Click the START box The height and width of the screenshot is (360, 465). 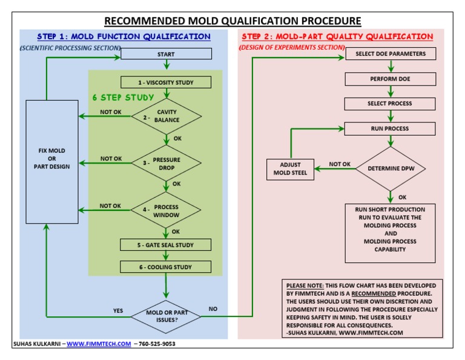coord(166,54)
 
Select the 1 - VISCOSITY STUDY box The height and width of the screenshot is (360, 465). coord(166,82)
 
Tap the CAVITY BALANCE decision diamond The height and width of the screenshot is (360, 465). coord(166,116)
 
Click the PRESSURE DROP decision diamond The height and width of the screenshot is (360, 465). coord(166,164)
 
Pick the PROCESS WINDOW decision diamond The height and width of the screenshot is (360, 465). coord(166,211)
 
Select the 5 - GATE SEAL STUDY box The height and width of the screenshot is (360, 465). coord(166,245)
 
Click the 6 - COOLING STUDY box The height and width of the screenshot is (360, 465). coord(166,267)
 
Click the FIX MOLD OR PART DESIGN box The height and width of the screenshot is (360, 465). coord(52,158)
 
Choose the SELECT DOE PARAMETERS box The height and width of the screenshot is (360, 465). coord(390,54)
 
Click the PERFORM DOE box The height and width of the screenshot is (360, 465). coord(390,79)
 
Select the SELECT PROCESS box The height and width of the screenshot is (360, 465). coord(390,104)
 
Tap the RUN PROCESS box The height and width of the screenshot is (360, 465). coord(390,128)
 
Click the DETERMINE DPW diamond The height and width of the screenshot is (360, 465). coord(391,168)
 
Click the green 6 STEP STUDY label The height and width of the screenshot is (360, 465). coord(123,98)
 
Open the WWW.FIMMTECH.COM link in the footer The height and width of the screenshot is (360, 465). coord(99,344)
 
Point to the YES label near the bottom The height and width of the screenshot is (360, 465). coord(117,311)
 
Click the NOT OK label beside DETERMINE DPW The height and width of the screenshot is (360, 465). coord(340,164)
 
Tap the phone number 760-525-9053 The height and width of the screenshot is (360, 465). coord(157,344)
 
